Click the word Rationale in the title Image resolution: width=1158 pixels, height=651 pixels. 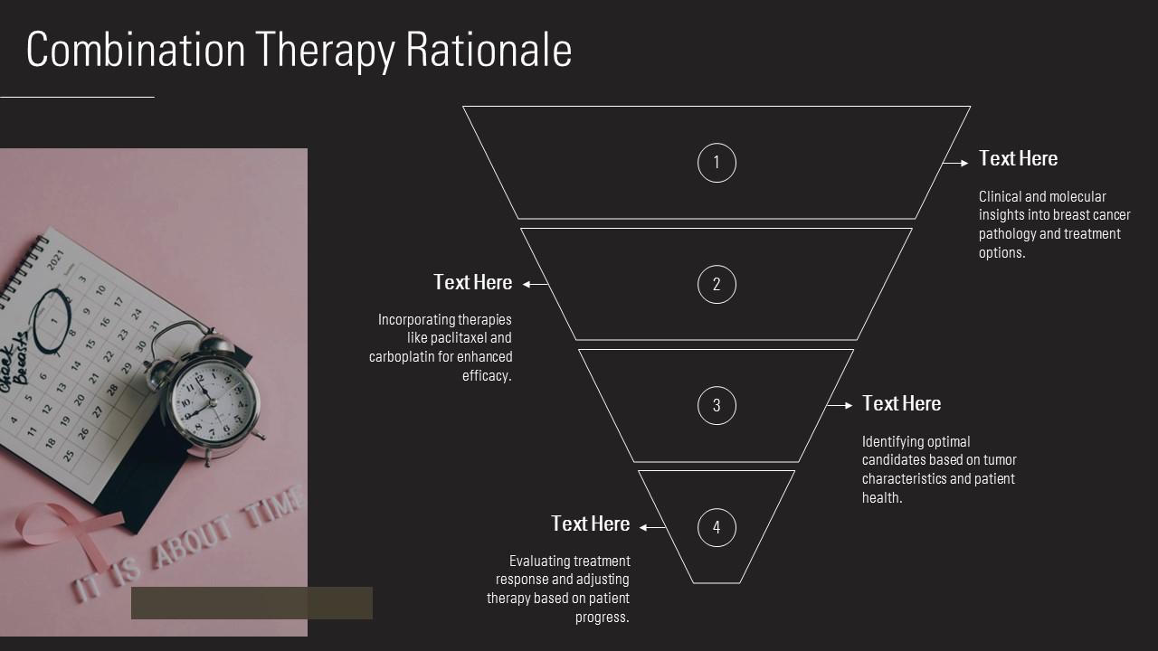[489, 50]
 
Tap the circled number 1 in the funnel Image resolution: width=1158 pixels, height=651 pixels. [717, 163]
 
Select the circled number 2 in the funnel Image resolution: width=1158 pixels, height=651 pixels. [717, 284]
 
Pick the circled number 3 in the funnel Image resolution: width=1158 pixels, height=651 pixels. [717, 406]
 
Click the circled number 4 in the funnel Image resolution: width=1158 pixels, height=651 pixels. [717, 527]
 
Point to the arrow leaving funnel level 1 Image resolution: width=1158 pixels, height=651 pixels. [955, 163]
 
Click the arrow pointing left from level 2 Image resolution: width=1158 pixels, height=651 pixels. [535, 284]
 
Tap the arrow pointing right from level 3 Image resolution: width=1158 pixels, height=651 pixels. [840, 406]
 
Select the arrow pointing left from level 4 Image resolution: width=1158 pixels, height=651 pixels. [652, 527]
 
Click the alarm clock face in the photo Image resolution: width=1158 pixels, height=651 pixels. [213, 401]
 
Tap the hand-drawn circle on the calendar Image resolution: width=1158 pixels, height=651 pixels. [52, 320]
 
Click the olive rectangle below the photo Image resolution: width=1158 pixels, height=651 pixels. [252, 603]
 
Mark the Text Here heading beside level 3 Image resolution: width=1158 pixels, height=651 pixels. [902, 403]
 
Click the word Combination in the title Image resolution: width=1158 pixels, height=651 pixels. [136, 50]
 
